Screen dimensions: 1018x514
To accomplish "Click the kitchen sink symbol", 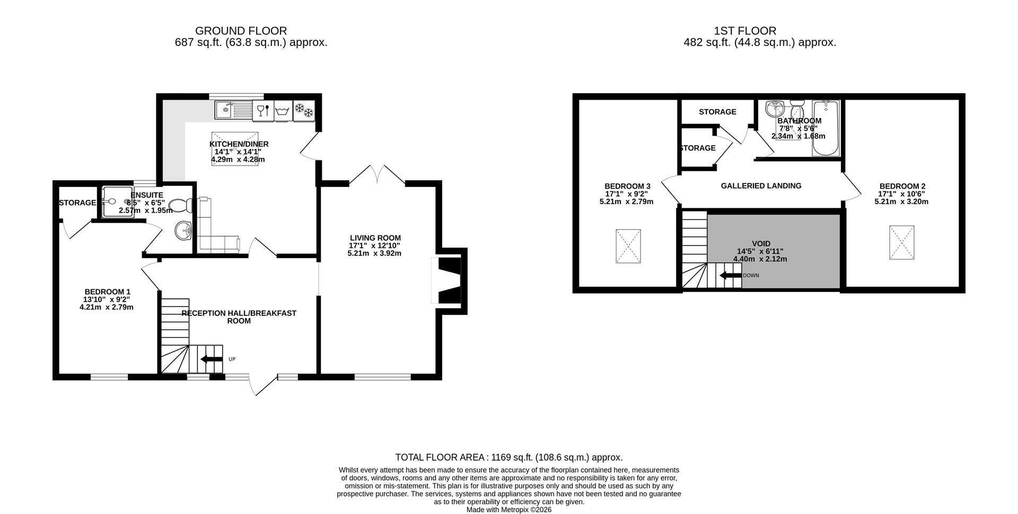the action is pos(233,110).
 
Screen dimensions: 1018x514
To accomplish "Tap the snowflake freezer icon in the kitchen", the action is pos(304,110).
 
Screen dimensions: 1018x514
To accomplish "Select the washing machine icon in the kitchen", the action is pos(283,110).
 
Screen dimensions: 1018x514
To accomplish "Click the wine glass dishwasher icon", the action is pos(264,110).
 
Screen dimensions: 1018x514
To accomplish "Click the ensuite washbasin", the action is pos(183,230).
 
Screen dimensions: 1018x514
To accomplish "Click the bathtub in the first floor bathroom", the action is pos(826,128).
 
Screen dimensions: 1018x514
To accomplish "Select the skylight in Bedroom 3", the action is pos(628,246).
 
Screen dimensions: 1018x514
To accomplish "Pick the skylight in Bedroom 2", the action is pos(902,243).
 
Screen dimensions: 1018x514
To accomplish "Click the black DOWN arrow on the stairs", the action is pos(730,276).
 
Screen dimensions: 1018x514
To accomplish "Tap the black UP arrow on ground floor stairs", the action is pos(212,360).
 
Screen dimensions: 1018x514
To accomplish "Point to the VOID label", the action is pos(761,244).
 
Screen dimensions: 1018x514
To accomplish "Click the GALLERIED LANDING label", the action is pos(761,186).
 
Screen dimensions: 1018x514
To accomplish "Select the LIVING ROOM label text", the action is pos(375,238).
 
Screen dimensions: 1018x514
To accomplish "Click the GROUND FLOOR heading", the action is pos(241,31).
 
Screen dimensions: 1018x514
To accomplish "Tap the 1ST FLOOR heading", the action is pos(745,31).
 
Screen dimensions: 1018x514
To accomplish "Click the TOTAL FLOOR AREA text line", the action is pos(509,457).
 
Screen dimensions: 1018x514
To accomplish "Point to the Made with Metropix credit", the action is pos(509,510).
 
